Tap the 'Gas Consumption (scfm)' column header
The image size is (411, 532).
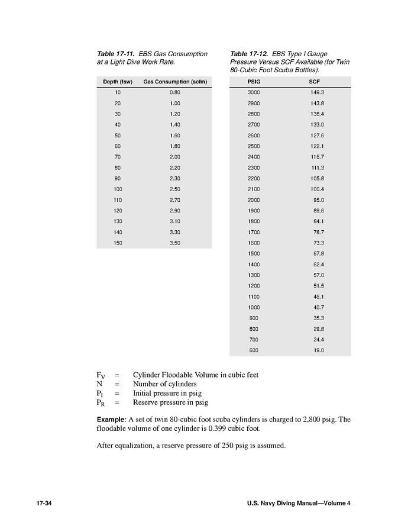coord(175,82)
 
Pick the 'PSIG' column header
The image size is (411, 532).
coord(254,82)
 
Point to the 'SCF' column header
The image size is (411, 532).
coord(315,82)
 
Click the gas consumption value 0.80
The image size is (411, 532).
coord(175,93)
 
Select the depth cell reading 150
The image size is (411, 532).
coord(118,243)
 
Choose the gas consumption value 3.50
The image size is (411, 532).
coord(175,243)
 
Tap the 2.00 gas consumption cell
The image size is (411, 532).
coord(175,157)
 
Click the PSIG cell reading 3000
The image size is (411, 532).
coord(254,93)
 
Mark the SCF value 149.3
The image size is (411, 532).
coord(317,93)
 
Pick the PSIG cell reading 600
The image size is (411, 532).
coord(254,350)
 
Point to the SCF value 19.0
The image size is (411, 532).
coord(318,350)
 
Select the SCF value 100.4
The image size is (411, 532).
coord(317,189)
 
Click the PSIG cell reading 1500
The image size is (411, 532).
coord(254,254)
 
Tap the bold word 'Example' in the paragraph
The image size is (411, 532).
coord(111,420)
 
